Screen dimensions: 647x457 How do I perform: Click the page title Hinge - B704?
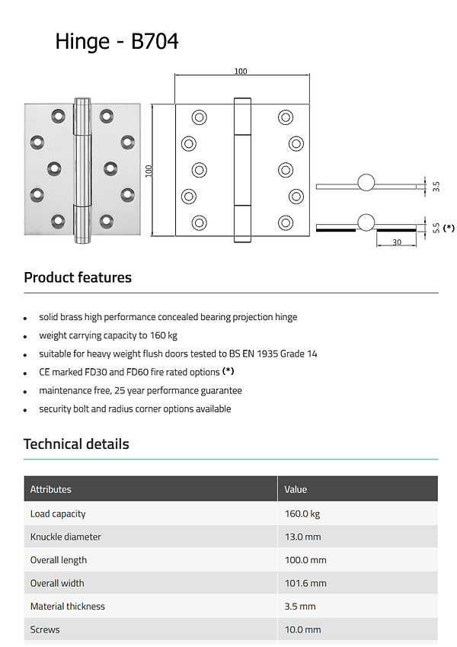[x=117, y=41]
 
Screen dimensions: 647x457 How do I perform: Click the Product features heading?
[x=78, y=277]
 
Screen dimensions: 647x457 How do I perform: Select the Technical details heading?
[x=76, y=444]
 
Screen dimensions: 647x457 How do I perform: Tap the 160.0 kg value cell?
[x=302, y=514]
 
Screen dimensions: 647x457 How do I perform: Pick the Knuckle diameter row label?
[x=66, y=536]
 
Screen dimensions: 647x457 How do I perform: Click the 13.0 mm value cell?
[x=303, y=536]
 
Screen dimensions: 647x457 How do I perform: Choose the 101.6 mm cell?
[x=305, y=583]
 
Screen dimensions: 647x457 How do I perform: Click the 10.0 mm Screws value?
[x=302, y=629]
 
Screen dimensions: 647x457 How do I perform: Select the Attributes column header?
[x=51, y=489]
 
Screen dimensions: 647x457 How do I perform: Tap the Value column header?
[x=296, y=489]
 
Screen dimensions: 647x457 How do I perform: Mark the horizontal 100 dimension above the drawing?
[x=241, y=72]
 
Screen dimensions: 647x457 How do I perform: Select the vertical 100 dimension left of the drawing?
[x=149, y=171]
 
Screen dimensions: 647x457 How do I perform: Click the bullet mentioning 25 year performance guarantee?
[x=140, y=390]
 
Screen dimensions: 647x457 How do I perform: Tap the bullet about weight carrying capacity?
[x=108, y=335]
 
